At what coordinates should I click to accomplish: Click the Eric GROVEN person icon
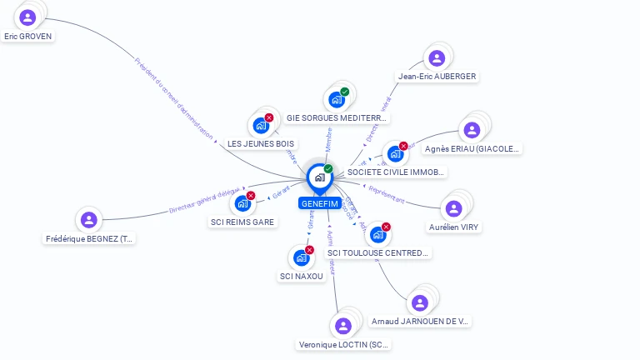[27, 17]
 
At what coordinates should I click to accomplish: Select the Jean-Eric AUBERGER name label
[437, 77]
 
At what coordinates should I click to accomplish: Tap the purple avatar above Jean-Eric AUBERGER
[437, 57]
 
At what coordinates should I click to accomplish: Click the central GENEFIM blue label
[318, 202]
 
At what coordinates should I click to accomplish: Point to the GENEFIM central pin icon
[319, 177]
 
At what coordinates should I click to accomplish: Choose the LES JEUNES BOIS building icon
[261, 126]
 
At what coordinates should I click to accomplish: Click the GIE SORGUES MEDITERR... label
[337, 118]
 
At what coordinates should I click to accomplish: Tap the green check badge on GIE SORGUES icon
[344, 92]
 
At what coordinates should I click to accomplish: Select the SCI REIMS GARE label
[242, 222]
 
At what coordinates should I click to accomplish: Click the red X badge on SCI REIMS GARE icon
[250, 196]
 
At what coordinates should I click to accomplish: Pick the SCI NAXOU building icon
[301, 257]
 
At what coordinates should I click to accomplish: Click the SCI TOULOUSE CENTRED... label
[377, 252]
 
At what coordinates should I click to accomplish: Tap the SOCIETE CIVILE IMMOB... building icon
[395, 154]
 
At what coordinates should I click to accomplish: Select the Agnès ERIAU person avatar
[472, 130]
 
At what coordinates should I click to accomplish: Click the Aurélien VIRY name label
[455, 227]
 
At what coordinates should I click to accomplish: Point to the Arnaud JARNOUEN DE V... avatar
[421, 302]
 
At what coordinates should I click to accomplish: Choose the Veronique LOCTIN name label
[343, 344]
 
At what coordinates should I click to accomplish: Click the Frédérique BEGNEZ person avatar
[89, 220]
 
